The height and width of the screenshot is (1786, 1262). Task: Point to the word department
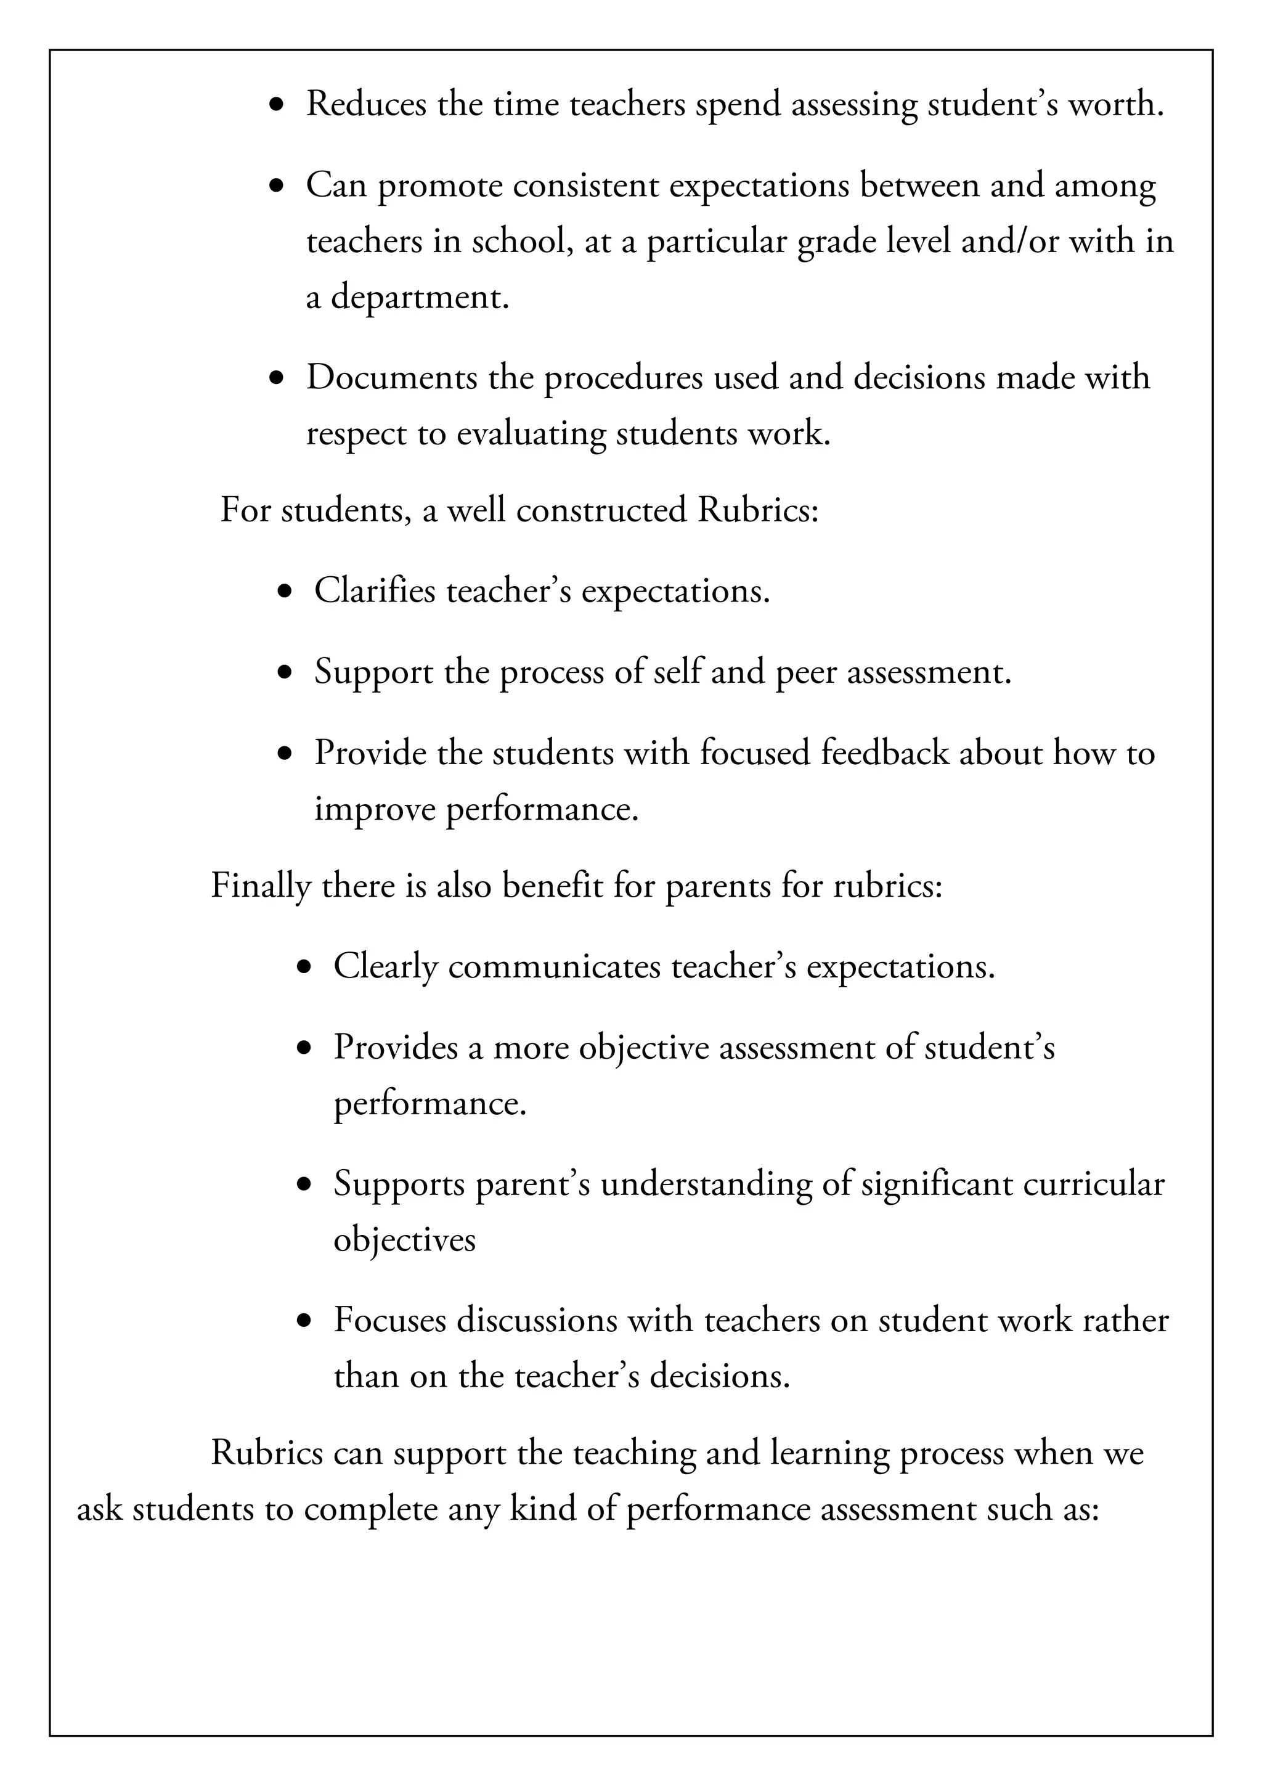coord(420,297)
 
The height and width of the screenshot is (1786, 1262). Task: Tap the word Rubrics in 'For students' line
coord(757,510)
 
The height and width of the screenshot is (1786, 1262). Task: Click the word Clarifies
coord(375,590)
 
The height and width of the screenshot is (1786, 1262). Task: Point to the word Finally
coord(261,886)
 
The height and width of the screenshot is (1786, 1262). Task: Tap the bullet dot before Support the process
coord(285,672)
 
